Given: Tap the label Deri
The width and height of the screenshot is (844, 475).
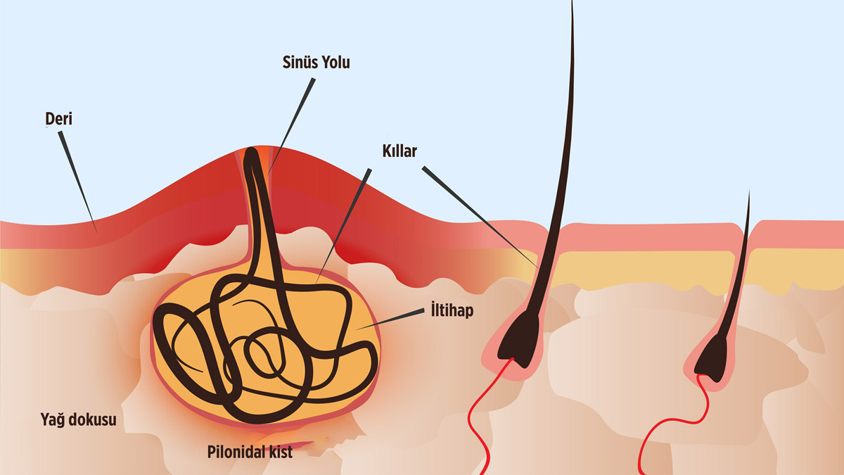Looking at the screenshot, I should tap(57, 119).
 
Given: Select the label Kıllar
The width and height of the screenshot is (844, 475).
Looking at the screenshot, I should tap(397, 151).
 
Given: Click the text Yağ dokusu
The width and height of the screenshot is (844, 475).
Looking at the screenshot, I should tap(78, 421).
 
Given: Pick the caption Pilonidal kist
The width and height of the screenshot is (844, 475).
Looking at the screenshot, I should tap(250, 452).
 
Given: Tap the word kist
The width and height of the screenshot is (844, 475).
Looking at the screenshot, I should tap(279, 452).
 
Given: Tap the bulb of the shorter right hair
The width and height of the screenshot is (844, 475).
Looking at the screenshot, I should tap(712, 355).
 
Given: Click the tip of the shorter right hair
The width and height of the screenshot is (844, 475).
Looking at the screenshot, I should tap(749, 193).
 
